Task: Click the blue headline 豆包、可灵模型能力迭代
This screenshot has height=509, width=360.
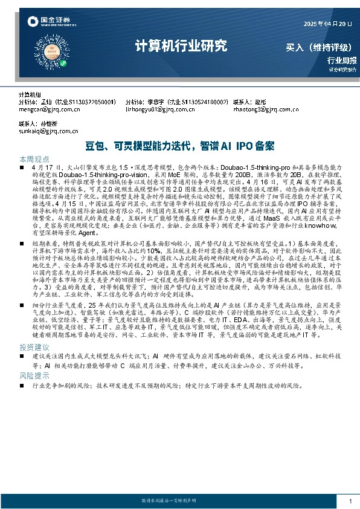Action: pos(180,146)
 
